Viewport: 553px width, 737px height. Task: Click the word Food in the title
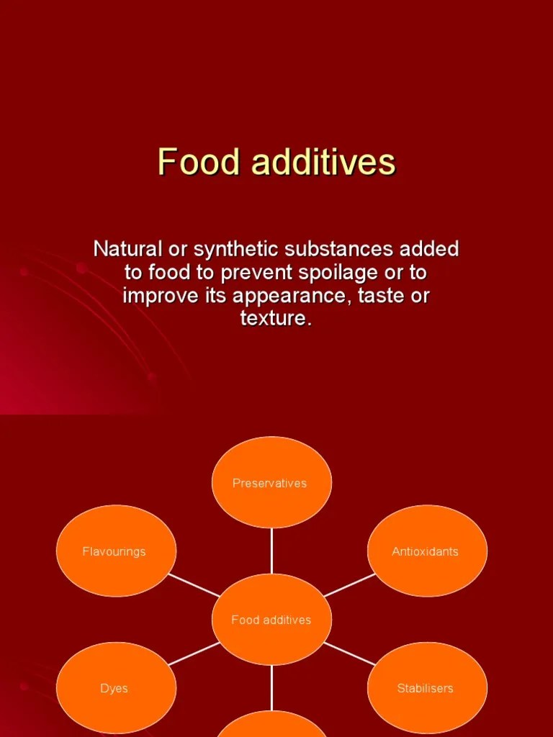tap(199, 162)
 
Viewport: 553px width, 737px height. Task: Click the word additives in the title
tap(323, 162)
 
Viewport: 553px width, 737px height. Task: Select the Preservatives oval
tap(271, 483)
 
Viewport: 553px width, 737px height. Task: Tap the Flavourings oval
tap(115, 551)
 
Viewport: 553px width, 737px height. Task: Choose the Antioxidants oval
tap(426, 551)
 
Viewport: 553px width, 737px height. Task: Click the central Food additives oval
tap(271, 620)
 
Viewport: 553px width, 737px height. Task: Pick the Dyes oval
tap(115, 688)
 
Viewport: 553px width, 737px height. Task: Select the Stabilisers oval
tap(426, 688)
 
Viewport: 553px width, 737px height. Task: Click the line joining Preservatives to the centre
tap(271, 551)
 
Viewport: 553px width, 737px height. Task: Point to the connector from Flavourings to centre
tap(194, 585)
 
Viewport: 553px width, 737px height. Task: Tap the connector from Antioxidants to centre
tap(349, 585)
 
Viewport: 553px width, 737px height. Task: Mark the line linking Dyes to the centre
tap(194, 654)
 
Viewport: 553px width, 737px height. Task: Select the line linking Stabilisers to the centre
tap(349, 654)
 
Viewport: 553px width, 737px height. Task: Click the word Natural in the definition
tap(125, 250)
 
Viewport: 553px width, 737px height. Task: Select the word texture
tap(275, 319)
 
